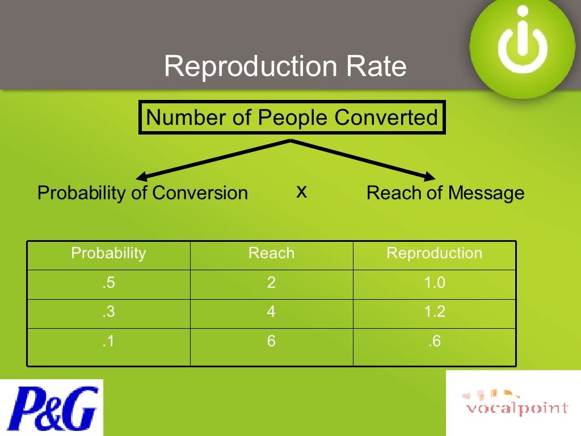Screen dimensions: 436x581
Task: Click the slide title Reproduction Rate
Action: coord(285,66)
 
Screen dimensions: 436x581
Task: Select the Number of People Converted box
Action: coord(292,118)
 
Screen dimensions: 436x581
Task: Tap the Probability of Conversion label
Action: coord(142,193)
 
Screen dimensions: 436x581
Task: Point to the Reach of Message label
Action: coord(445,193)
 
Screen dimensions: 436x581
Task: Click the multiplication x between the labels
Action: coord(302,192)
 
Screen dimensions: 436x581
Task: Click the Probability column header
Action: coord(108,253)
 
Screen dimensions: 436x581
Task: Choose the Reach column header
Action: coord(271,253)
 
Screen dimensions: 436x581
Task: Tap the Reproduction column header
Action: coord(434,253)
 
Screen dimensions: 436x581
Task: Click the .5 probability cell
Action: coord(108,283)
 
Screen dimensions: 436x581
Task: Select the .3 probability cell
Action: coord(108,312)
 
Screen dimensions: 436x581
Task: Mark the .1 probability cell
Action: coord(108,342)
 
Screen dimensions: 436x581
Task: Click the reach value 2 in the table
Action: coord(271,283)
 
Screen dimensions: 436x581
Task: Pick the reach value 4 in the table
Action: coord(271,312)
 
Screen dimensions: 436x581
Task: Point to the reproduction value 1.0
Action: coord(435,283)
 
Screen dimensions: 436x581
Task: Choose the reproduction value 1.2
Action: coord(435,312)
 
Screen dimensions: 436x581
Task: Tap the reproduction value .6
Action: coord(435,342)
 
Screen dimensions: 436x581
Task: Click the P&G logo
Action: coord(52,408)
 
